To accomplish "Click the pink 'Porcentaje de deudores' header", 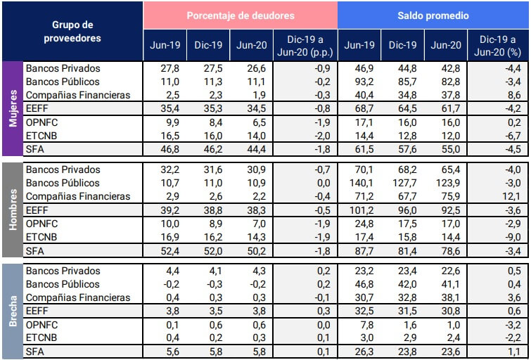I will click(x=241, y=15).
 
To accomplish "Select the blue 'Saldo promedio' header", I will click(x=433, y=15).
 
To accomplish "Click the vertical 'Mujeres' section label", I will click(x=13, y=108).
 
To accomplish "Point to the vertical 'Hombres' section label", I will click(x=13, y=210).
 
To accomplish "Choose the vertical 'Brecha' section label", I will click(x=13, y=311).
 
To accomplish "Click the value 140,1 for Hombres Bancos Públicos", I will click(x=359, y=183).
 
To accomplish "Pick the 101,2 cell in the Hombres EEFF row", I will click(x=359, y=210).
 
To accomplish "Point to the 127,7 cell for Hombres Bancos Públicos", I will click(x=402, y=183).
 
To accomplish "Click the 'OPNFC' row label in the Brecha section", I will click(x=41, y=324).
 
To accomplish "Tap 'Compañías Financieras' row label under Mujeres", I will click(x=77, y=95).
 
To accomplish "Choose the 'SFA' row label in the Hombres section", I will click(x=34, y=250).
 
